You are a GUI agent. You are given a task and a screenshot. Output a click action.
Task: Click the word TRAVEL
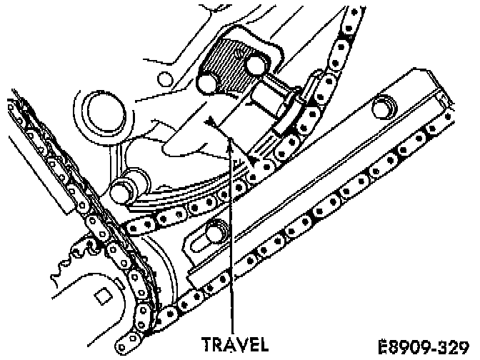point(234,344)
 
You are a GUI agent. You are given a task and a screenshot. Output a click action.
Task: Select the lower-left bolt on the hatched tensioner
point(206,84)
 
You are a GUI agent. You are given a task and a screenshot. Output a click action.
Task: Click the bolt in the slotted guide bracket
point(216,232)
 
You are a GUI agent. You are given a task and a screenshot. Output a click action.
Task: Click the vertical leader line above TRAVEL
point(229,236)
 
